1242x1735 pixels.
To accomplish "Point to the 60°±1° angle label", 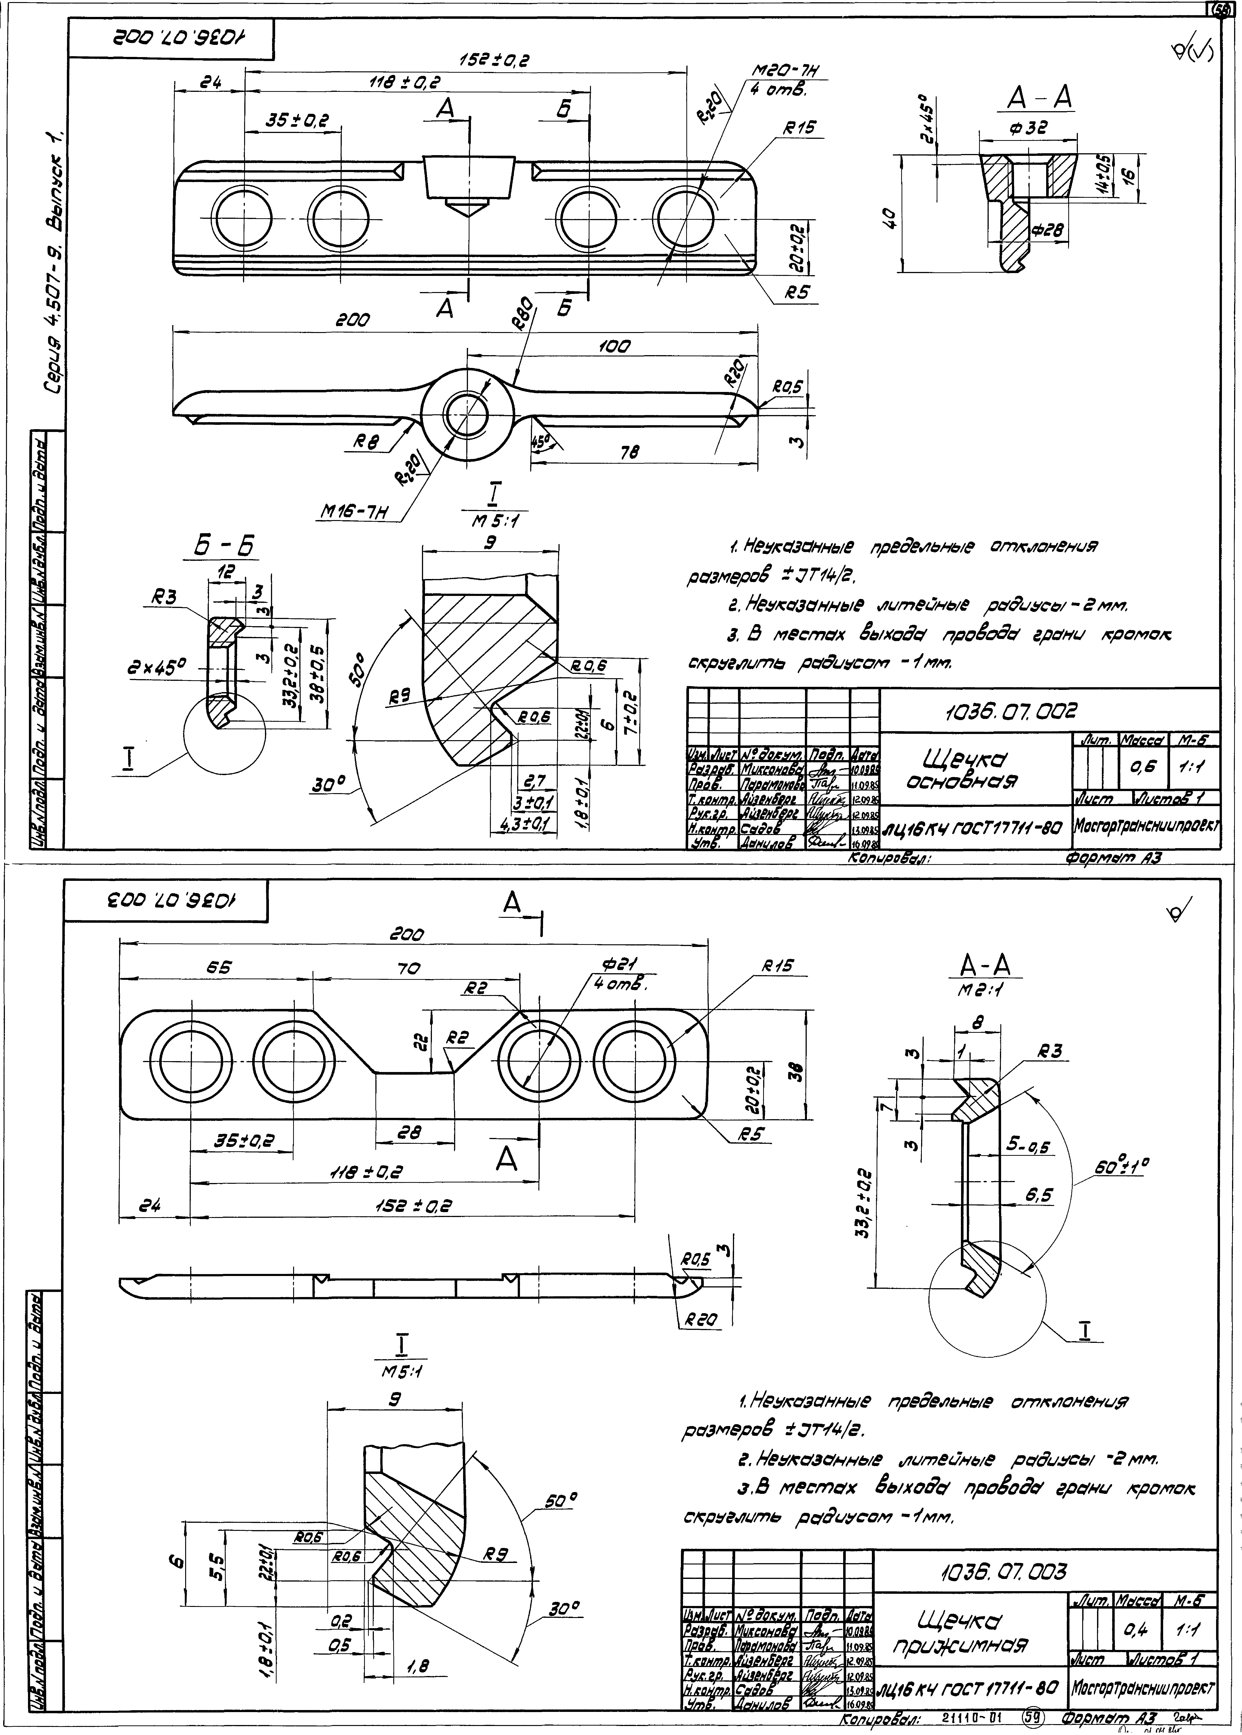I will (x=1122, y=1166).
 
